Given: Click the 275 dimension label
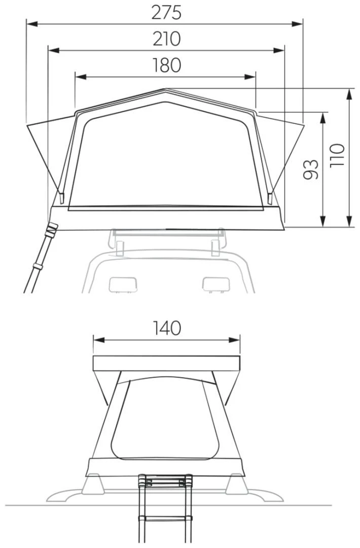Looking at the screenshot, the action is pyautogui.click(x=166, y=13).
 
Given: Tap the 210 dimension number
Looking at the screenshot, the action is pyautogui.click(x=166, y=39).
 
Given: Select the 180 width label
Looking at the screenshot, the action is pyautogui.click(x=166, y=65).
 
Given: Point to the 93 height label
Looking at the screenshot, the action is pyautogui.click(x=310, y=169).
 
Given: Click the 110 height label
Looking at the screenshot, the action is pyautogui.click(x=337, y=155).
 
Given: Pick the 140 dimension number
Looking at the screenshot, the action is pyautogui.click(x=167, y=328).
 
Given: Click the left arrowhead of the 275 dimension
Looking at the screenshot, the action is pyautogui.click(x=32, y=24).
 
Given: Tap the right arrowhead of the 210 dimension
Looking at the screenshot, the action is pyautogui.click(x=279, y=50).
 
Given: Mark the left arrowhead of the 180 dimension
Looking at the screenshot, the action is pyautogui.click(x=81, y=77).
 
